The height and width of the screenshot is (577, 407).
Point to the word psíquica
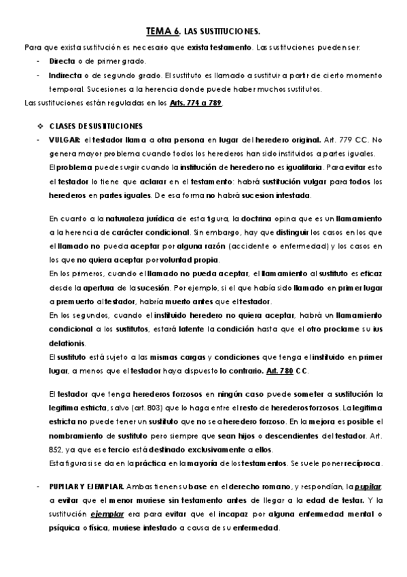click(65, 529)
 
